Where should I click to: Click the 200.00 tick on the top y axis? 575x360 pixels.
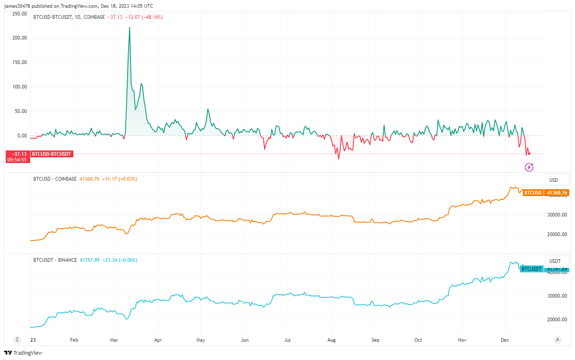point(20,38)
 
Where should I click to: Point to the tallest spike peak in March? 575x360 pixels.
point(130,27)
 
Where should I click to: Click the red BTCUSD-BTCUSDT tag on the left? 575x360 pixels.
point(51,154)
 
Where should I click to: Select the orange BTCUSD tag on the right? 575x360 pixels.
point(533,193)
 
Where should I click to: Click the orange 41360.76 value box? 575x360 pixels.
point(557,193)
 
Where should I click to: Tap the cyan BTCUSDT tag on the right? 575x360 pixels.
point(531,269)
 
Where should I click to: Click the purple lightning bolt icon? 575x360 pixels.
point(529,167)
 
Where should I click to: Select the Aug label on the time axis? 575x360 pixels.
point(332,340)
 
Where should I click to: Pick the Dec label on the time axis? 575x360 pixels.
point(505,340)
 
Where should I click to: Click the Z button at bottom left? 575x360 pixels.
point(17,340)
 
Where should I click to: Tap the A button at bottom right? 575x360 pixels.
point(557,340)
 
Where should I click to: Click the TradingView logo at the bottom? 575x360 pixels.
point(23,353)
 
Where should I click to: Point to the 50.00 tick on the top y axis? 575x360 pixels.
point(21,111)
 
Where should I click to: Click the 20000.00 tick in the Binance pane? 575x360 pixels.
point(557,320)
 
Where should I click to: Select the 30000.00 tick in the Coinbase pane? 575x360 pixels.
point(557,215)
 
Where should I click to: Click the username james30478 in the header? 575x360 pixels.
point(17,6)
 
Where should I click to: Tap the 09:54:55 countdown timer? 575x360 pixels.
point(17,160)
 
